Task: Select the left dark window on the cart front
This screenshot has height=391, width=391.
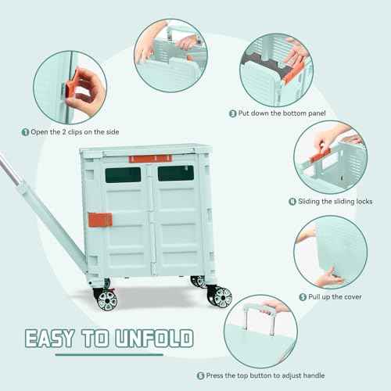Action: click(x=123, y=174)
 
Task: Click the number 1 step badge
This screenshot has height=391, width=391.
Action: click(x=26, y=132)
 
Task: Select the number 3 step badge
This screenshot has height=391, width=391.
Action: click(x=233, y=113)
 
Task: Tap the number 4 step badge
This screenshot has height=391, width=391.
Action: click(x=292, y=201)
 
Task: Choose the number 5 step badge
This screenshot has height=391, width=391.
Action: click(x=303, y=296)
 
